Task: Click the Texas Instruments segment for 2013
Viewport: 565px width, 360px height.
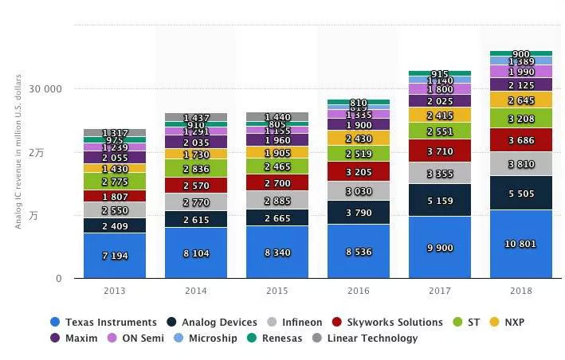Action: [115, 255]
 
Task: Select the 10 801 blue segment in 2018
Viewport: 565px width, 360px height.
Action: [520, 243]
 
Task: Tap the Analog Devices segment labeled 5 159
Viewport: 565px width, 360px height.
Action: [439, 199]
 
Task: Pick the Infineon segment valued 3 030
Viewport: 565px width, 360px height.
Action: [358, 190]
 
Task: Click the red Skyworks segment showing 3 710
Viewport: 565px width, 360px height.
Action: [439, 151]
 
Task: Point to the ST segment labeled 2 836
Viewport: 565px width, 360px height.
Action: [196, 168]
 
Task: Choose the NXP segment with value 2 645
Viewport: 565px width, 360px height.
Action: [520, 100]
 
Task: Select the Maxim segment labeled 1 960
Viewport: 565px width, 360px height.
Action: [277, 139]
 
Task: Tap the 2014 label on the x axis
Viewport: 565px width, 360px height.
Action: [196, 291]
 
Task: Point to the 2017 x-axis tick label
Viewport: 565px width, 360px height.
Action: [439, 291]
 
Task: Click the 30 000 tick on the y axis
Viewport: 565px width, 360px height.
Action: [46, 89]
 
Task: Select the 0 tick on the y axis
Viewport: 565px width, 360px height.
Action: [58, 279]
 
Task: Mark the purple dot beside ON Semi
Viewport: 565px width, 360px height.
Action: [111, 338]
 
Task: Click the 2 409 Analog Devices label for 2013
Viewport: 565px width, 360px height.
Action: [115, 225]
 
